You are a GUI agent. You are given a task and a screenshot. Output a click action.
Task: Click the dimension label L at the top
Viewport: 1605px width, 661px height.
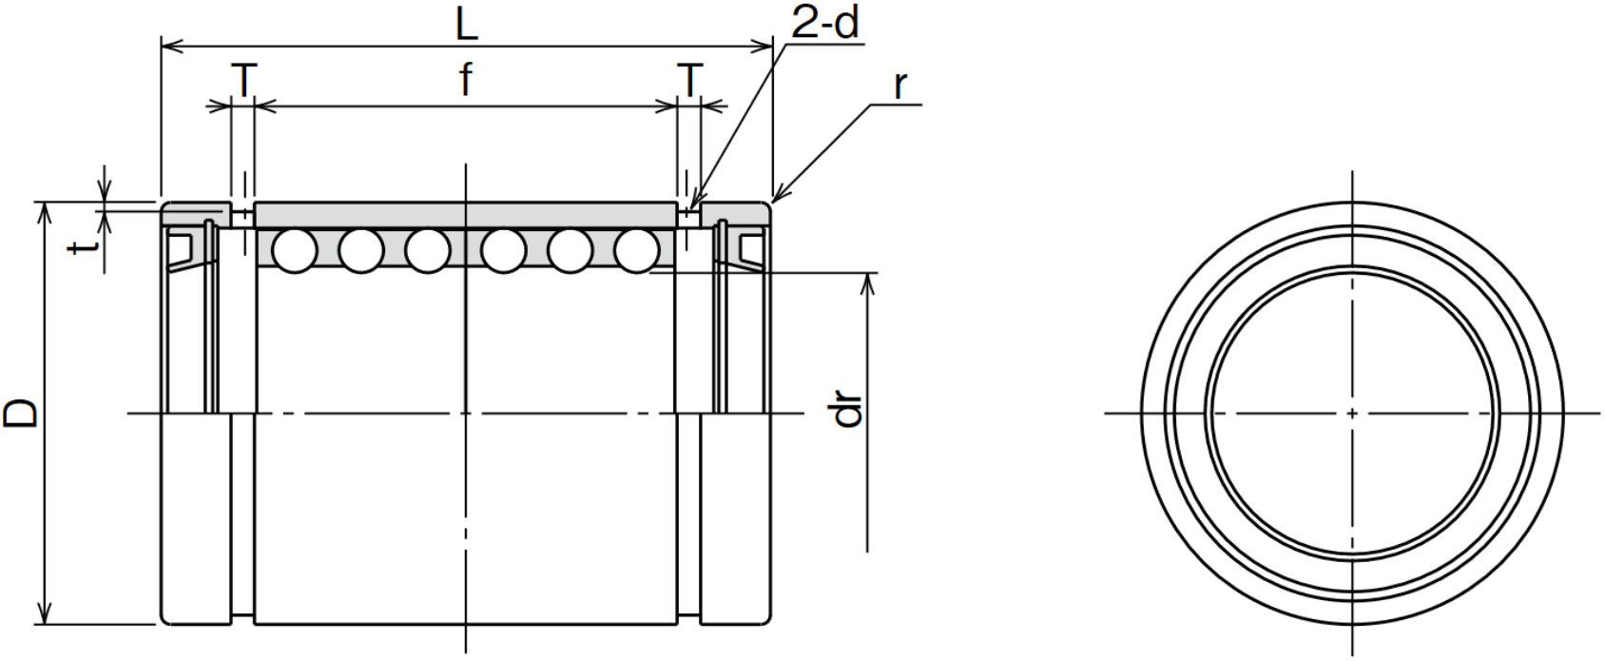[467, 26]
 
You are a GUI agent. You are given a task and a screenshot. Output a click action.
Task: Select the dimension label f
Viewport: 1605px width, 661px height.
[466, 79]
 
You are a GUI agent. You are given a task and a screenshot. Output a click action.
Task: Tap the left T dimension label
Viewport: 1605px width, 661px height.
[243, 80]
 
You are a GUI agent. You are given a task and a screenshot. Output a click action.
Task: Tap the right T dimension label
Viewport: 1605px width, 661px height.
[690, 80]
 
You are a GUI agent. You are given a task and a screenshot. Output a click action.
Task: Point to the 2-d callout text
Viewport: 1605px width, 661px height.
[824, 25]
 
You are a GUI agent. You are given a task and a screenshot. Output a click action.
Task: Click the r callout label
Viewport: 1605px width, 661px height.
[900, 85]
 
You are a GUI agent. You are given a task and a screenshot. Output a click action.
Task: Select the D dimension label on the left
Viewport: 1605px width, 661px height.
[20, 414]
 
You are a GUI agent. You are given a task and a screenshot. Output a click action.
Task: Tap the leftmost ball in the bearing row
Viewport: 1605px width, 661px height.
[295, 251]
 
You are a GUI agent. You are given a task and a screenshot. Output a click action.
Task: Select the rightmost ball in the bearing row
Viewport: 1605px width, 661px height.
[636, 251]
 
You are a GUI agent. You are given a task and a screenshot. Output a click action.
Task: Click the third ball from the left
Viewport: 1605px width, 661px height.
[427, 251]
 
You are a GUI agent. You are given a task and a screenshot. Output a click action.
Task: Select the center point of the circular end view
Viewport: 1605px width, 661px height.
[1352, 414]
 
